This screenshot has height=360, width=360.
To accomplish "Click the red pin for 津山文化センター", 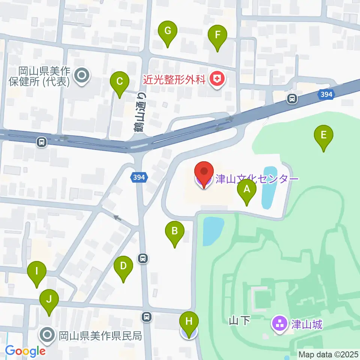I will pos(204,175).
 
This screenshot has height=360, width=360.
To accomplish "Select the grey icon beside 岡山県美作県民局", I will pos(48,335).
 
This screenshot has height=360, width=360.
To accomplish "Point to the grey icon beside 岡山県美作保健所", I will pos(81,76).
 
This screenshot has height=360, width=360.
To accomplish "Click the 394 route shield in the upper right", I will pos(326,94).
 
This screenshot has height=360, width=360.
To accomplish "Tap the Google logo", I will pos(25,351).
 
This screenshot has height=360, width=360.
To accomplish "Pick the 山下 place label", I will pos(239,321).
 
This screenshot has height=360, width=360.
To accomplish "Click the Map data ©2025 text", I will pos(328,354).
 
